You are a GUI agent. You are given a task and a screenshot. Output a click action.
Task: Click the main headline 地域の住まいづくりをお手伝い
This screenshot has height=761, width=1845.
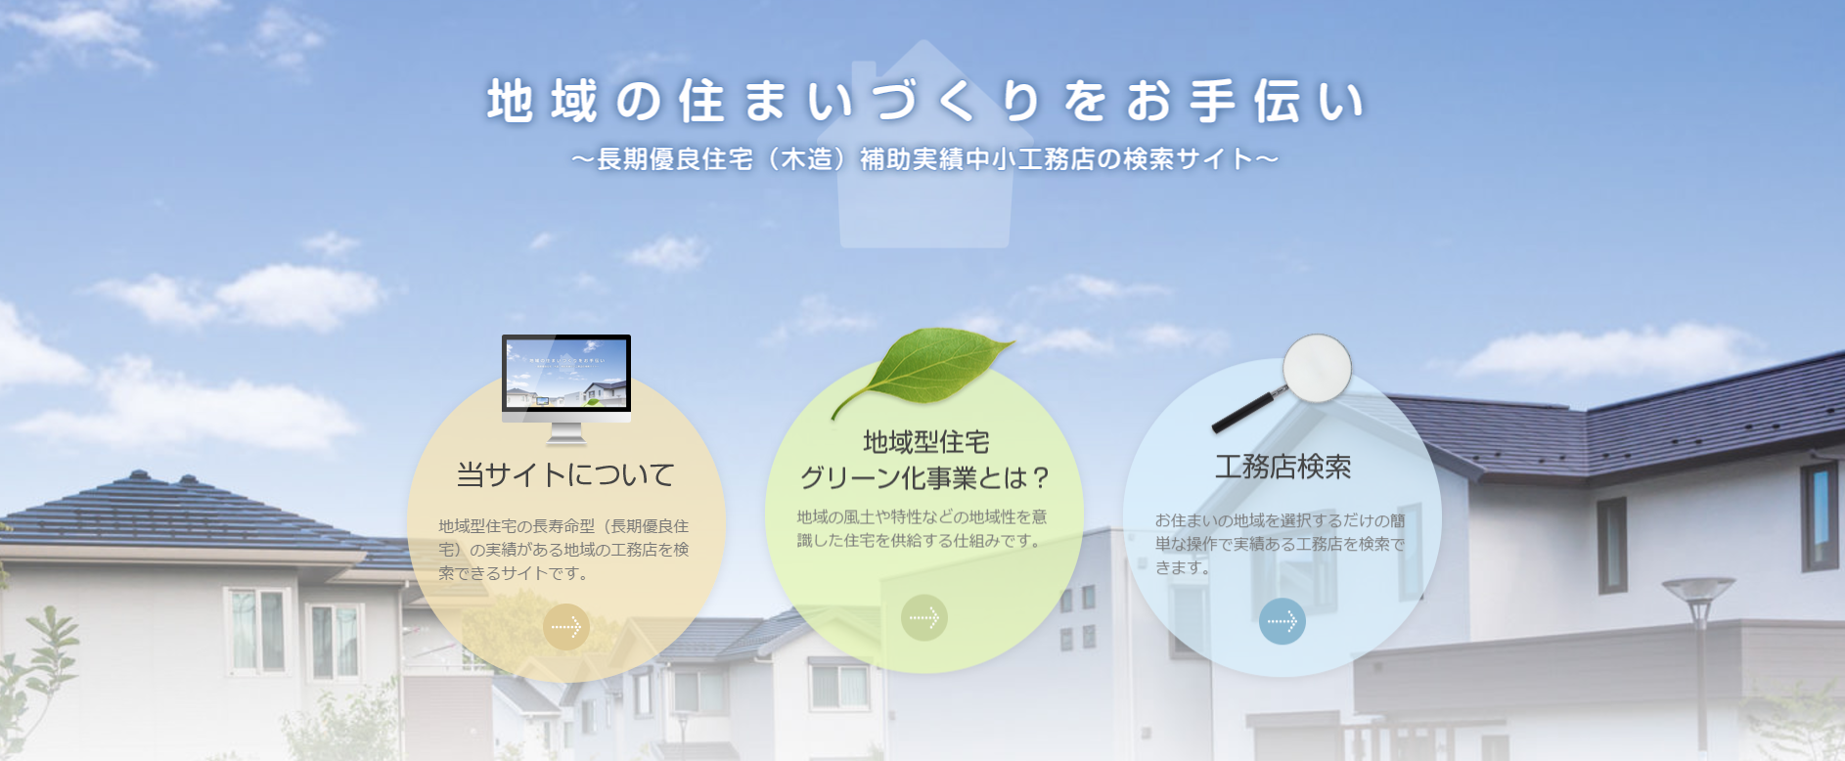pos(925,102)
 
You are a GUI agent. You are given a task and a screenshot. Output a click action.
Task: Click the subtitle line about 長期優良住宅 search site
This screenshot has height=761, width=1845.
pos(925,158)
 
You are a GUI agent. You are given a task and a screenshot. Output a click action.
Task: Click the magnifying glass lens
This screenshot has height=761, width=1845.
pos(1317,369)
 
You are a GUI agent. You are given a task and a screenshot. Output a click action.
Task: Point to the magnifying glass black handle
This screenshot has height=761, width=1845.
pos(1246,411)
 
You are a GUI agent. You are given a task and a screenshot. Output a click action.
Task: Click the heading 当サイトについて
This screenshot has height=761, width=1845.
pos(566,475)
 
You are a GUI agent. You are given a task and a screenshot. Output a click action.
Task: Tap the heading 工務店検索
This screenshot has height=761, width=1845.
pos(1282,467)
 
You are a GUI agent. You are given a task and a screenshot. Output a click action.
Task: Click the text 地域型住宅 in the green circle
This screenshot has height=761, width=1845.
pos(925,442)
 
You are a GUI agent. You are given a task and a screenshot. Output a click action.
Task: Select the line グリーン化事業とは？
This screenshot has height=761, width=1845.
pos(925,477)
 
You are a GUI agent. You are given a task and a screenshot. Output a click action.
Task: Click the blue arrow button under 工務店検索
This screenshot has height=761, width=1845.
pos(1282,621)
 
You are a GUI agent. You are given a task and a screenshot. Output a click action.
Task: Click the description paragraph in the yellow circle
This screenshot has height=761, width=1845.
pos(564,550)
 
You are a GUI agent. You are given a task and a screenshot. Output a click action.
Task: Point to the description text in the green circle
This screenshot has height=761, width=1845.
pos(922,528)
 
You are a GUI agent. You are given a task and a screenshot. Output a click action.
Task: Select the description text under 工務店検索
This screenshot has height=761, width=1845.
pos(1281,544)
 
